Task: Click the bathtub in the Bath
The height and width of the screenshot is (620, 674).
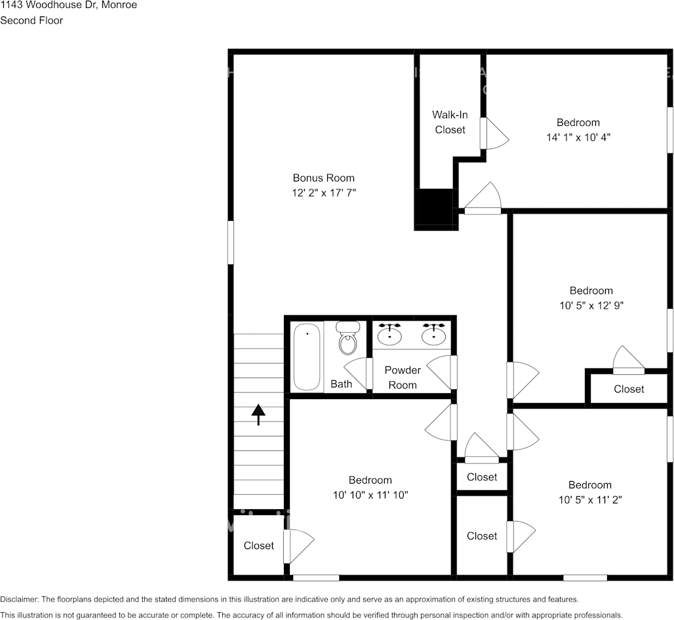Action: [307, 357]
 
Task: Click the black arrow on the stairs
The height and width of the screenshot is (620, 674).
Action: [258, 414]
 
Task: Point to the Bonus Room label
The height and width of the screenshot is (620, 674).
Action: [323, 178]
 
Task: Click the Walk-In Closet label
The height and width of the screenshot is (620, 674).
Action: [450, 122]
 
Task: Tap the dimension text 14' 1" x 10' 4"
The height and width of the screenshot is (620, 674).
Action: [578, 138]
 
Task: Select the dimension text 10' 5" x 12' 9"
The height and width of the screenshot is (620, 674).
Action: [591, 305]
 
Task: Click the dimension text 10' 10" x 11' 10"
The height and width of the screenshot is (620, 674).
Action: [370, 495]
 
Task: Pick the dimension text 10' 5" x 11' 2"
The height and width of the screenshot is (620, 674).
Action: [589, 499]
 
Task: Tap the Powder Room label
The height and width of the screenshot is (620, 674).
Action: [403, 378]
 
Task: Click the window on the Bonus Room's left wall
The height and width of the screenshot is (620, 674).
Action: [231, 242]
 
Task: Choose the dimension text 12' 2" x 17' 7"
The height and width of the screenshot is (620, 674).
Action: [323, 193]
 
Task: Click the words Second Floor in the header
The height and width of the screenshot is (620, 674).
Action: [31, 20]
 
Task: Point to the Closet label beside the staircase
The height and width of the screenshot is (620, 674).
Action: [258, 545]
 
